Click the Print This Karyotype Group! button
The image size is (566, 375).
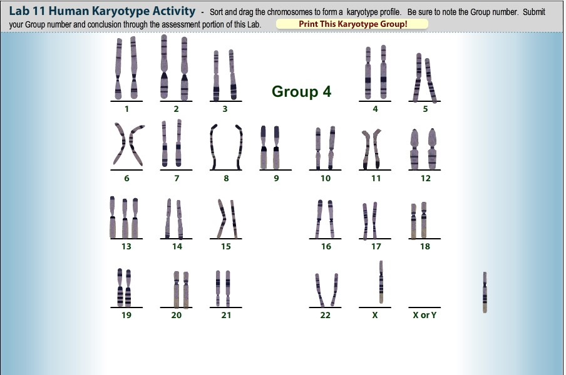coord(352,24)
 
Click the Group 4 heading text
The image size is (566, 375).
coord(301,91)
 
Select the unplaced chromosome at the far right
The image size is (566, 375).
coord(485,292)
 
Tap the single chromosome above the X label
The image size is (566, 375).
coord(381,282)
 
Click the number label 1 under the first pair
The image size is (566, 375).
coord(126,109)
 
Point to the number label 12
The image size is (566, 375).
coord(426,178)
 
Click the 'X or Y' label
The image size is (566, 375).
coord(424,315)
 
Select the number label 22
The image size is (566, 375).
coord(325,315)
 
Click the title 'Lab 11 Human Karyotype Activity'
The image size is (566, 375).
coord(102,12)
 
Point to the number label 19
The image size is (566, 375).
coord(126,315)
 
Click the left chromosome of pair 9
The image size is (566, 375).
coord(264,147)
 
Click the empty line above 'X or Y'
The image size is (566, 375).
coord(424,307)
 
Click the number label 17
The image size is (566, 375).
coord(376,246)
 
